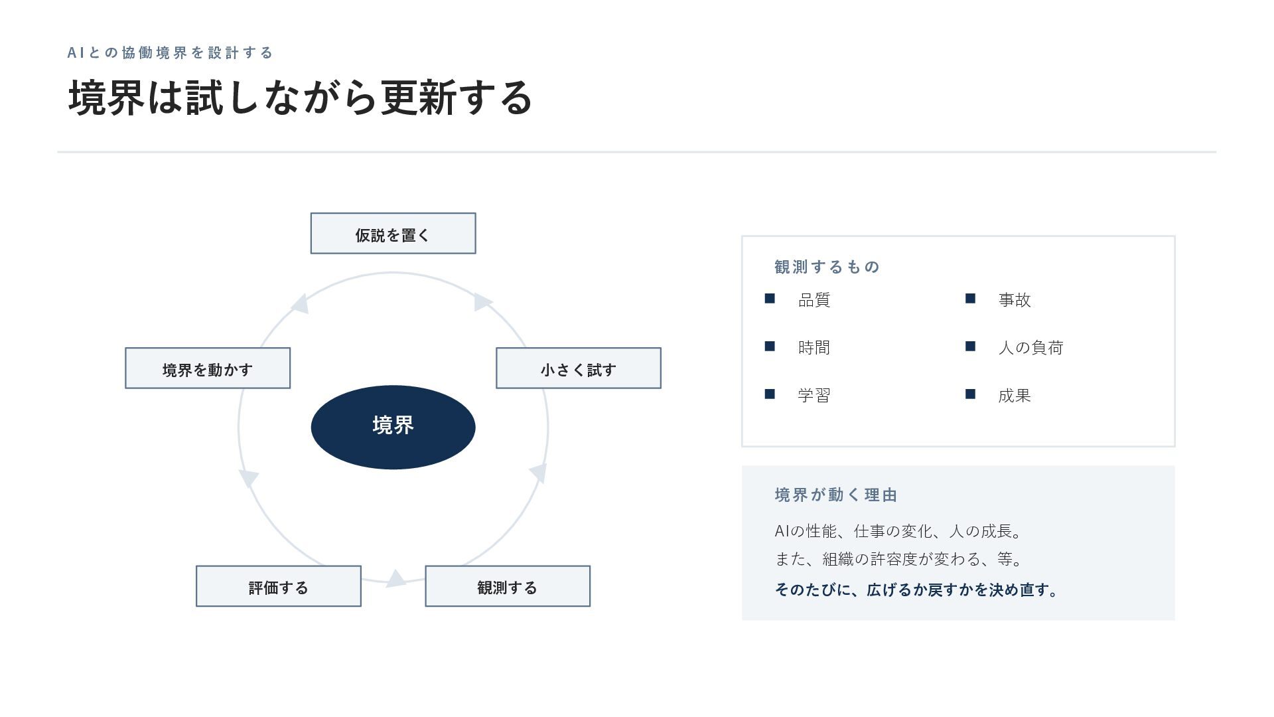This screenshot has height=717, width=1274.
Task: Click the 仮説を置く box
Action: click(393, 233)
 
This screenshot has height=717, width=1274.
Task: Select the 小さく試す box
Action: click(578, 368)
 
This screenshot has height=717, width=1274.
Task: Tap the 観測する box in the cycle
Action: click(508, 586)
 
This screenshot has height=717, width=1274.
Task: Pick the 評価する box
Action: click(279, 586)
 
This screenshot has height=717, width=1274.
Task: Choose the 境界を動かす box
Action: click(208, 368)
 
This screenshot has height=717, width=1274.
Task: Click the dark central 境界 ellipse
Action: click(393, 427)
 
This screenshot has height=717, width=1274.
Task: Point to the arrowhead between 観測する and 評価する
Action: click(396, 579)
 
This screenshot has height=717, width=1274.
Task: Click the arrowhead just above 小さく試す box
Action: click(482, 302)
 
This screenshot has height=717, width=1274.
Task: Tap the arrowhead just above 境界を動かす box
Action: click(301, 303)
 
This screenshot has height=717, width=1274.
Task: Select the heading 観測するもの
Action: click(827, 267)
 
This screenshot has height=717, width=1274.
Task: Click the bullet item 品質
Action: click(814, 300)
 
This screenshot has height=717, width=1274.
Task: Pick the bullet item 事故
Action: click(1015, 300)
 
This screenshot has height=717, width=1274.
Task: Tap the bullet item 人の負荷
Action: click(1030, 348)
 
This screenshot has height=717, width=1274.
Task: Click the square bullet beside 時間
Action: click(770, 347)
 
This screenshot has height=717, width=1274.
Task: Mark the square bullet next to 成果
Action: click(970, 394)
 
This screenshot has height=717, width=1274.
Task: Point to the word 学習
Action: click(814, 396)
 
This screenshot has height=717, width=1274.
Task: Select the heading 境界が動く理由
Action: click(836, 495)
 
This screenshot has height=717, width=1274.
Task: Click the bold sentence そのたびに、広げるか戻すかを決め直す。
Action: click(916, 590)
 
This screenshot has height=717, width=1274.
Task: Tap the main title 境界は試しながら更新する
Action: click(301, 98)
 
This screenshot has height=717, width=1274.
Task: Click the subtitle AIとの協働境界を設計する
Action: click(171, 52)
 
